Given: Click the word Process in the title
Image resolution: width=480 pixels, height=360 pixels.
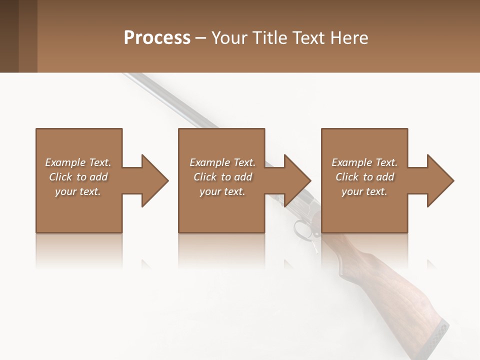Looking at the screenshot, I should [x=157, y=38].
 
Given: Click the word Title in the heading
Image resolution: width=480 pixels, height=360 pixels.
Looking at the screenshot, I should [x=269, y=38].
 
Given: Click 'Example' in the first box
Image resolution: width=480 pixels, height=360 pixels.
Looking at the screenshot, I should [x=65, y=162].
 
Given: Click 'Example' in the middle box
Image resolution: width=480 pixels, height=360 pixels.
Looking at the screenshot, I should [x=209, y=162].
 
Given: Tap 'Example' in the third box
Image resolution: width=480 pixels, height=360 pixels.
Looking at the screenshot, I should [x=351, y=162].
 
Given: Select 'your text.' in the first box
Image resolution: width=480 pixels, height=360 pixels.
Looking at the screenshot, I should [x=78, y=191].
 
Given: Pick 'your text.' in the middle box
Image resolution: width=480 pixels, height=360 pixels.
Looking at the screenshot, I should [x=222, y=191].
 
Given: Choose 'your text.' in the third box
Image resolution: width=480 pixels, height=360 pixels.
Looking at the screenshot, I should [x=364, y=191].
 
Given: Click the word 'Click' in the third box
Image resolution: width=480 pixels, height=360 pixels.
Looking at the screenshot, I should [x=347, y=177].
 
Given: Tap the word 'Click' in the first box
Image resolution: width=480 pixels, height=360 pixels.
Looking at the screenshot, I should [x=60, y=177].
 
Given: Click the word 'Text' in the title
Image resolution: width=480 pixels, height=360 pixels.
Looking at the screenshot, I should [x=309, y=38].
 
